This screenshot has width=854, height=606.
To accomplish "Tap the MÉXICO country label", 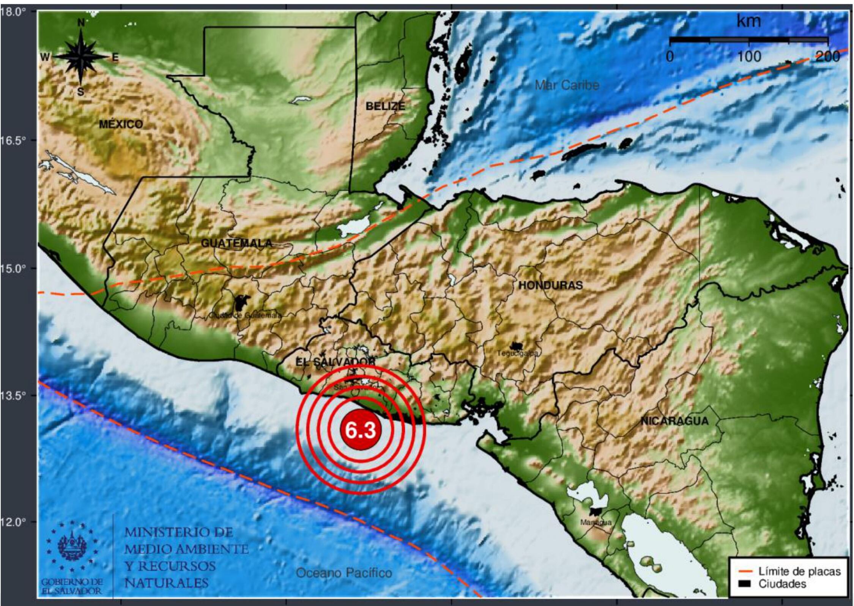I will [x=121, y=124].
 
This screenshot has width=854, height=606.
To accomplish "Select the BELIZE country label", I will [x=385, y=106].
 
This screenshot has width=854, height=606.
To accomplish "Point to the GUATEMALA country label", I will [x=236, y=243].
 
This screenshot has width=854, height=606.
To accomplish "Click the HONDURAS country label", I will [x=550, y=285].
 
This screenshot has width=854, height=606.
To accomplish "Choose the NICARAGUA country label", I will [x=674, y=421].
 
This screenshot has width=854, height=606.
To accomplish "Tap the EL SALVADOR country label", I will [x=335, y=362].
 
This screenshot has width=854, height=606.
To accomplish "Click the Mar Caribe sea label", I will [x=567, y=85].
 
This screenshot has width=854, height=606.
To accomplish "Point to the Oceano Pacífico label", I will [x=343, y=573].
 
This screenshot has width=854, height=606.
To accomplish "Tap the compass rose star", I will [x=81, y=57].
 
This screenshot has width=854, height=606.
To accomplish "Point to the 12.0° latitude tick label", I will [x=14, y=522].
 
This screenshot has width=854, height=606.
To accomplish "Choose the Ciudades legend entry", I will [x=782, y=584].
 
